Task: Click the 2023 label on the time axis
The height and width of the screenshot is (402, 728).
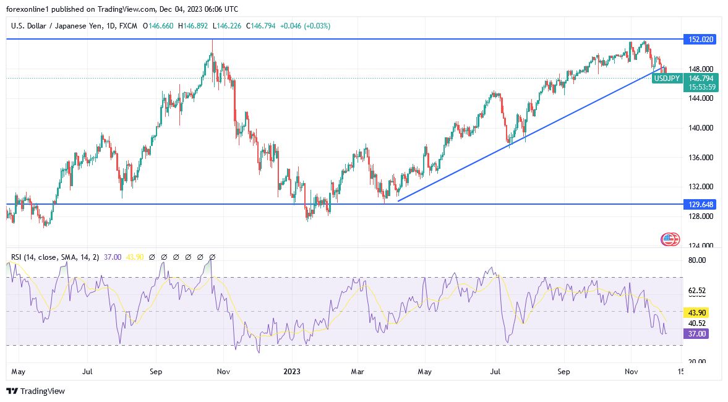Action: coord(292,372)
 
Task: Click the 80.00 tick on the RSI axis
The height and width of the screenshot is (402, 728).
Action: coord(697,260)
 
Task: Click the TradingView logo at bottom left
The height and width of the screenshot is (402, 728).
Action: coord(35,391)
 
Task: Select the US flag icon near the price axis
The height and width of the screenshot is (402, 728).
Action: coord(670,239)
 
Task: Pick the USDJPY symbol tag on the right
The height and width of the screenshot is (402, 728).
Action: coord(667,79)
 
